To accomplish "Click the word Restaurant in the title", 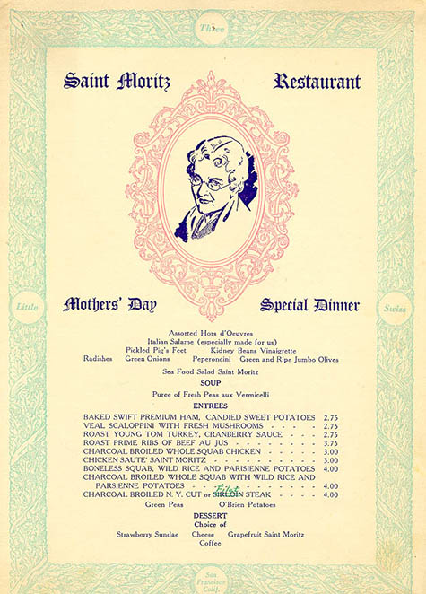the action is (317, 82).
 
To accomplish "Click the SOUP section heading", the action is (211, 382).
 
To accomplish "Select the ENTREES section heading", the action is (211, 406).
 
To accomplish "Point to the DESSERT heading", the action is (211, 516).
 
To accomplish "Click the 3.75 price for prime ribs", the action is (330, 443).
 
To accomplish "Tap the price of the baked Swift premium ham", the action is (330, 418).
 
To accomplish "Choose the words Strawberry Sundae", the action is (147, 534).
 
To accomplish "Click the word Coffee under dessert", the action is (211, 543).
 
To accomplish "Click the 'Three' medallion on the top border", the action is (212, 29).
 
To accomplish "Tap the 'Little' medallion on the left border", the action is (29, 308).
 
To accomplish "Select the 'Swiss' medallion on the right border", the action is (396, 309).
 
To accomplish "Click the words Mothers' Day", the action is (109, 305).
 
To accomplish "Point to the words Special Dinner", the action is (309, 305).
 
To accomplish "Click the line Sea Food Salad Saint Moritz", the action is (211, 370).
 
